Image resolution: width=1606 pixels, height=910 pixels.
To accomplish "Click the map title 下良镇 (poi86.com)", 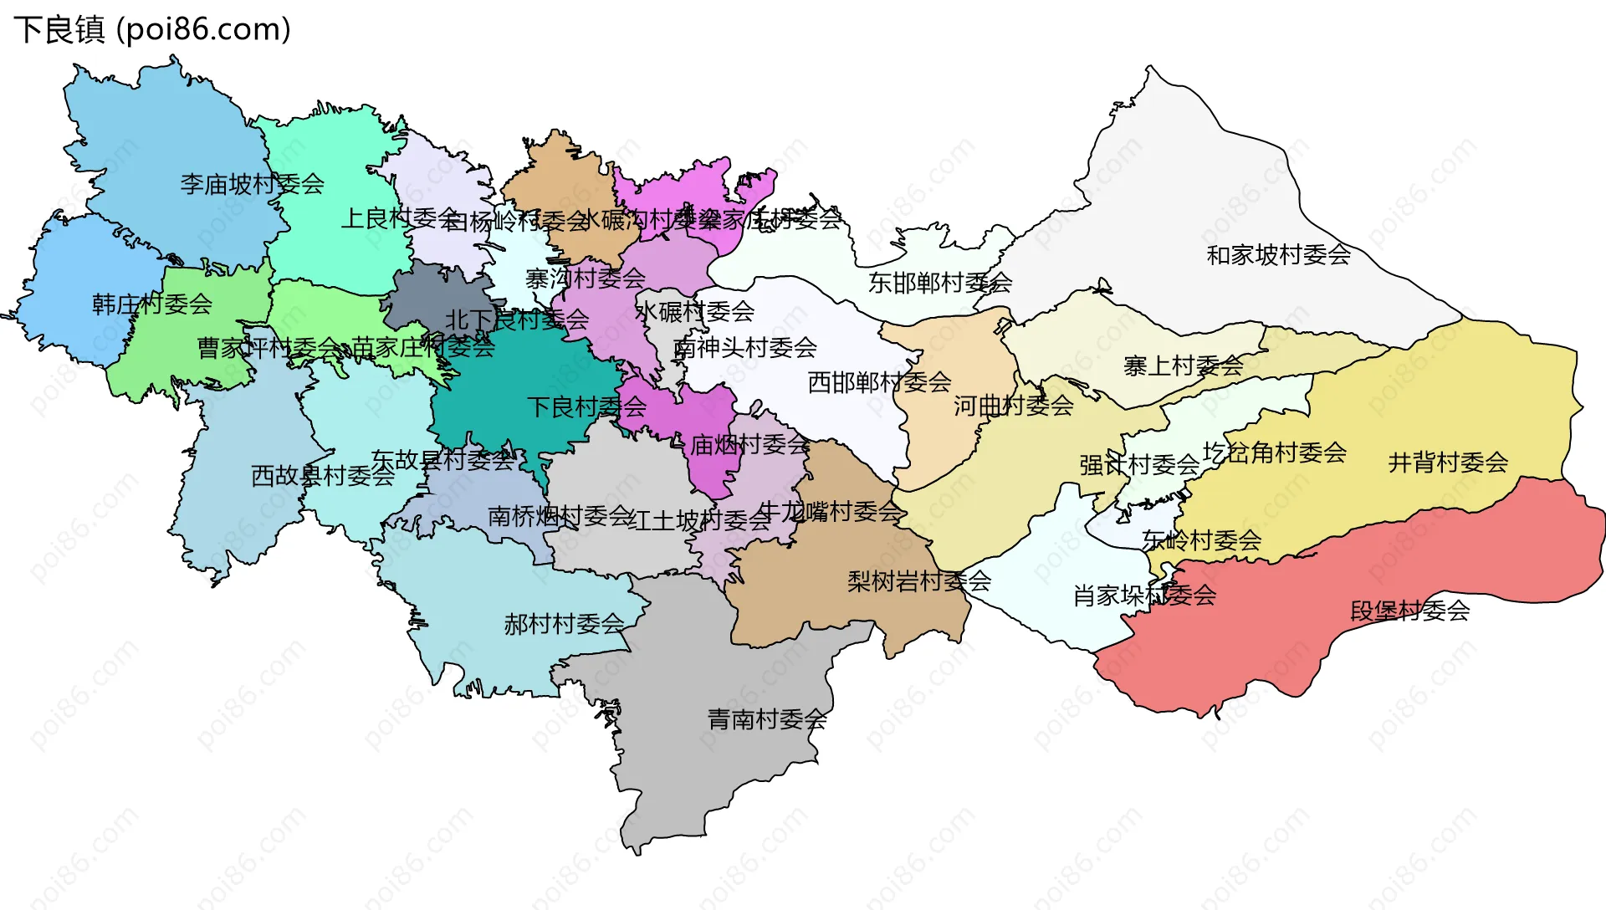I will [x=151, y=29].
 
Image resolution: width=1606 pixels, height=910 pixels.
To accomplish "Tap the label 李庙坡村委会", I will [x=252, y=184].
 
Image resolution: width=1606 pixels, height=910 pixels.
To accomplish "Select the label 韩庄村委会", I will [x=151, y=304].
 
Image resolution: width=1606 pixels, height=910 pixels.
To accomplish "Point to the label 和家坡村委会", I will [x=1278, y=254].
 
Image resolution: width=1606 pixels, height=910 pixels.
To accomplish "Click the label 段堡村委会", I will [x=1409, y=611].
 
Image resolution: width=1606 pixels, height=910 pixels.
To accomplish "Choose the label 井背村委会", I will [x=1447, y=462].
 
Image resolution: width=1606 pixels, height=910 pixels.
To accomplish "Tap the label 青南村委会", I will [x=767, y=719].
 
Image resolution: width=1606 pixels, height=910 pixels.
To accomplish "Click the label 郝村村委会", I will [x=564, y=624].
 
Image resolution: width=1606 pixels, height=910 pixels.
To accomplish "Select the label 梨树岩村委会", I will [x=918, y=581].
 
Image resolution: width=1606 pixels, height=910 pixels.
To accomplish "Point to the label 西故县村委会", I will [x=322, y=476].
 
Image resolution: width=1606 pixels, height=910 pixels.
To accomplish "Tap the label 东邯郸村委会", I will [x=939, y=283].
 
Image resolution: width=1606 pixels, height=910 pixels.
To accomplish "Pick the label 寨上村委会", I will [x=1183, y=366].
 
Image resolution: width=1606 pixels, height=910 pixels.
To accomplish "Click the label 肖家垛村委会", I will [x=1144, y=596].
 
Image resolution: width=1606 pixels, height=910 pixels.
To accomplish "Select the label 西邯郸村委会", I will [x=879, y=382].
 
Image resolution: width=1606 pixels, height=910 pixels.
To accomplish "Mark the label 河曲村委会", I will [x=1013, y=406].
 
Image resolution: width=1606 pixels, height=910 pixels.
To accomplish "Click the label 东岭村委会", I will [x=1201, y=540].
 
